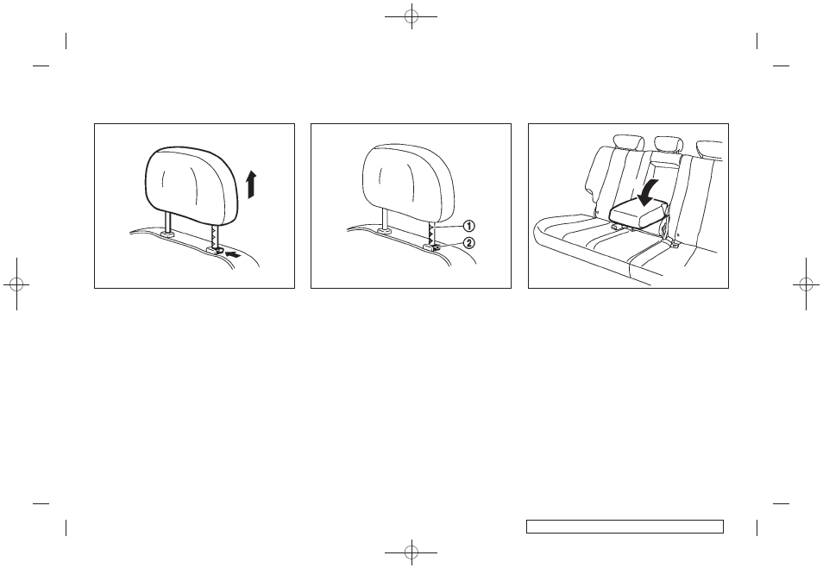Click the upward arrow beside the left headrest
(x=250, y=184)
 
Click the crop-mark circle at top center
(x=412, y=17)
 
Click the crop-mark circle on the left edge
(x=16, y=284)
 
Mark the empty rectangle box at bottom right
(x=624, y=526)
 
